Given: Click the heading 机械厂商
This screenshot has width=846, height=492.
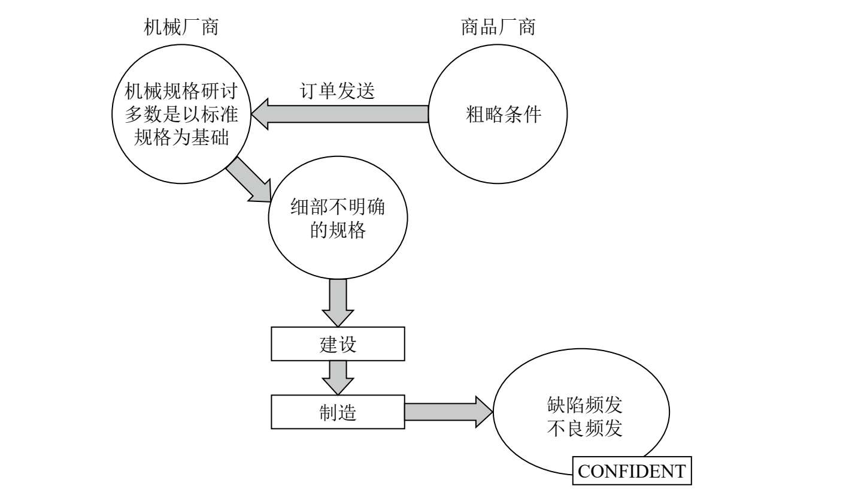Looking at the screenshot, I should (x=181, y=27).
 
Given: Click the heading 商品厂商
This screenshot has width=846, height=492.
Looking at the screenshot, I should (x=498, y=27).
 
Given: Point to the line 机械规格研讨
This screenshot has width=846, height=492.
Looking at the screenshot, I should (x=181, y=91).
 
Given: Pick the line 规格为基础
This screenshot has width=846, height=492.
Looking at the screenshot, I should (x=181, y=137).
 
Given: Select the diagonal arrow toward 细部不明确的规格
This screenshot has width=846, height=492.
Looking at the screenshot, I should (x=249, y=180).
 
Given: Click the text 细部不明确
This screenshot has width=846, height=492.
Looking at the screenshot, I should (x=338, y=208).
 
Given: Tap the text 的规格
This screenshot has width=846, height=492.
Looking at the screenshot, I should (x=338, y=231).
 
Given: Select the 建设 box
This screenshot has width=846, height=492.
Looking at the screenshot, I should (x=338, y=344).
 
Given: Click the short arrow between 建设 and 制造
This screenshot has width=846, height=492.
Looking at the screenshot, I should (x=338, y=377).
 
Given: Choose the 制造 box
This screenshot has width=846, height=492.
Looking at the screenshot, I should (x=338, y=412).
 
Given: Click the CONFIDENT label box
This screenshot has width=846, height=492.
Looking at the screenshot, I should (x=632, y=471).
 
